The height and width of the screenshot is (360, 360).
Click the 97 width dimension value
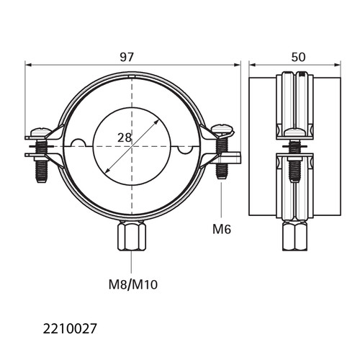[x=127, y=57]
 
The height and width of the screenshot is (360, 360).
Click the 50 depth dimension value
[x=298, y=57]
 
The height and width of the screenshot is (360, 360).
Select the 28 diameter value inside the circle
[x=125, y=138]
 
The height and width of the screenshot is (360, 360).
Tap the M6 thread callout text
[x=222, y=229]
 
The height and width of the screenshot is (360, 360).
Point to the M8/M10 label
[x=133, y=285]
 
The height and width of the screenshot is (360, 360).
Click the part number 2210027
[x=70, y=329]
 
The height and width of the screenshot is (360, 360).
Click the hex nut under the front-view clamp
[x=132, y=236]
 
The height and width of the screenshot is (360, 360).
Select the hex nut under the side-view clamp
[x=294, y=236]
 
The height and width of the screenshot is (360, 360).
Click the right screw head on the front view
[x=222, y=130]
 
